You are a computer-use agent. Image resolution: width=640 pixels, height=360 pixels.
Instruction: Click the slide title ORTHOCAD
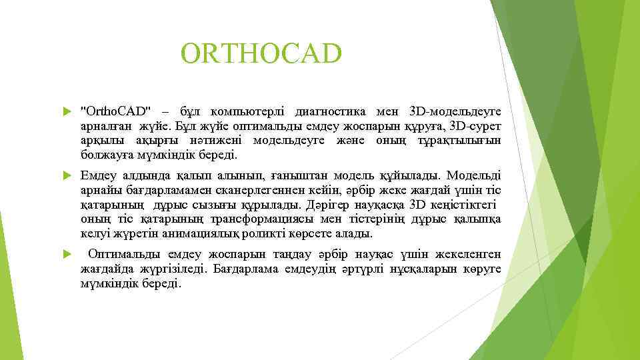coord(261,54)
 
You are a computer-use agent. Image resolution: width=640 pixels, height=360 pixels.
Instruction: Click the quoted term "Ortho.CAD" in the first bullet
coord(115,109)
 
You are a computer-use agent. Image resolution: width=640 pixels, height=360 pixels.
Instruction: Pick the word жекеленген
coord(466,254)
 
